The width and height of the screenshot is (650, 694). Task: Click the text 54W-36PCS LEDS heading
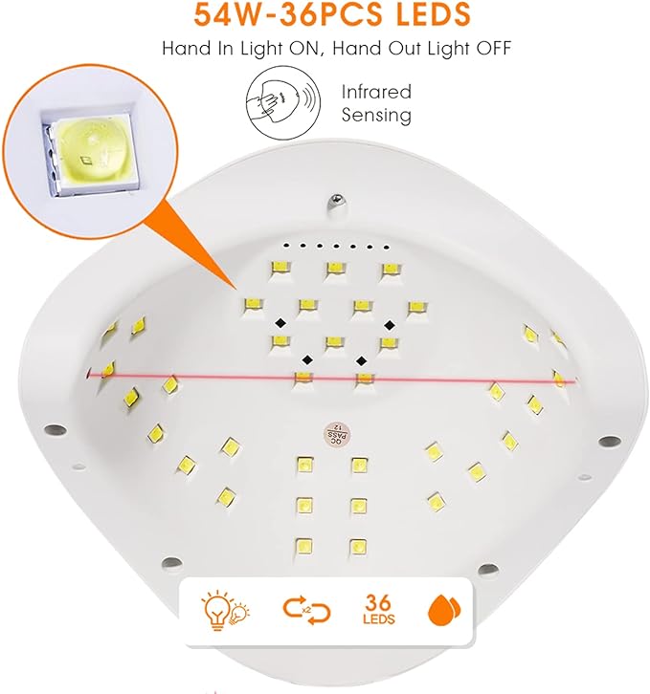pyautogui.click(x=332, y=13)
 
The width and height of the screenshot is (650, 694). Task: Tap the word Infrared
pyautogui.click(x=376, y=92)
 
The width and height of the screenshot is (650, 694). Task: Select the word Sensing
pyautogui.click(x=376, y=115)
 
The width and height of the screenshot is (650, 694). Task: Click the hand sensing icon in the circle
pyautogui.click(x=283, y=103)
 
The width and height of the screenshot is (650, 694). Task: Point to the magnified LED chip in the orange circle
pyautogui.click(x=92, y=153)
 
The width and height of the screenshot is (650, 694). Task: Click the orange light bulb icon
pyautogui.click(x=224, y=611)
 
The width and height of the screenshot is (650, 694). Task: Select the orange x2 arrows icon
pyautogui.click(x=307, y=611)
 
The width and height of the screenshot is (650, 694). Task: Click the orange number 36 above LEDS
pyautogui.click(x=378, y=602)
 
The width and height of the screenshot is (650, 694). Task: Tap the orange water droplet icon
pyautogui.click(x=444, y=610)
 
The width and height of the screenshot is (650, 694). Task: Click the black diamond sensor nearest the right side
pyautogui.click(x=390, y=326)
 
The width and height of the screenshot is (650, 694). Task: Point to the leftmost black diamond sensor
pyautogui.click(x=280, y=323)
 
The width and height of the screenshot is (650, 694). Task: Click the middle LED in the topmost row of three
pyautogui.click(x=335, y=269)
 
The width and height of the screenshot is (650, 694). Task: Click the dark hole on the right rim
pyautogui.click(x=609, y=441)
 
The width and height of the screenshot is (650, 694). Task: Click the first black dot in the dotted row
pyautogui.click(x=286, y=245)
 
